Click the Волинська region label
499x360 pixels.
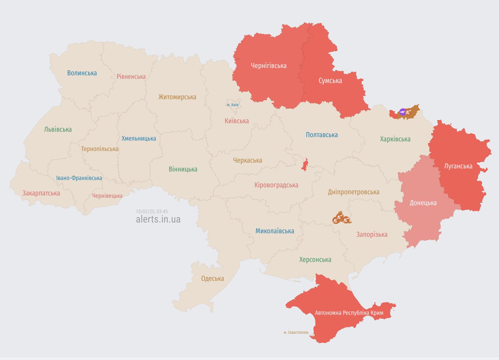point(82,73)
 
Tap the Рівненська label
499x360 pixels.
point(131,76)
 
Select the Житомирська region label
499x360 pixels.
point(177,97)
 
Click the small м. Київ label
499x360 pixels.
point(233,105)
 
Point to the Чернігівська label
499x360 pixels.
point(269,66)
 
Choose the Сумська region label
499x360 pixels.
point(330,81)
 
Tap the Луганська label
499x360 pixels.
point(458,166)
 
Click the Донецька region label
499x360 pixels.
point(423,203)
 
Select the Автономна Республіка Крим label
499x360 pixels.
point(349,312)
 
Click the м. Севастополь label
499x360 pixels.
point(296,332)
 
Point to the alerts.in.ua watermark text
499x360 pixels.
point(158,219)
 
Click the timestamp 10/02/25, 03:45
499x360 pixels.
point(152,212)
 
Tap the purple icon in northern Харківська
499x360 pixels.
point(402,112)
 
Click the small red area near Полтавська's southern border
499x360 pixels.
point(305,165)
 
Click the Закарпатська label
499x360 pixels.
point(41,193)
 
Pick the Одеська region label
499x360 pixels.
point(213,278)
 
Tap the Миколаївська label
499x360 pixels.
point(274,231)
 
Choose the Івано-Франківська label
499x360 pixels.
point(79,178)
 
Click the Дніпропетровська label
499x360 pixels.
point(353,192)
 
